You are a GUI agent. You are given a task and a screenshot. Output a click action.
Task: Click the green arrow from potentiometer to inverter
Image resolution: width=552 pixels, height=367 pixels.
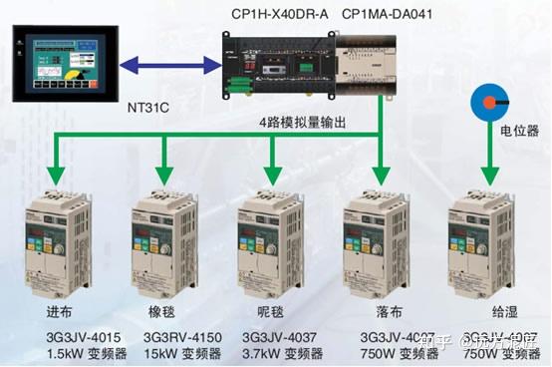pyautogui.click(x=486, y=147)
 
